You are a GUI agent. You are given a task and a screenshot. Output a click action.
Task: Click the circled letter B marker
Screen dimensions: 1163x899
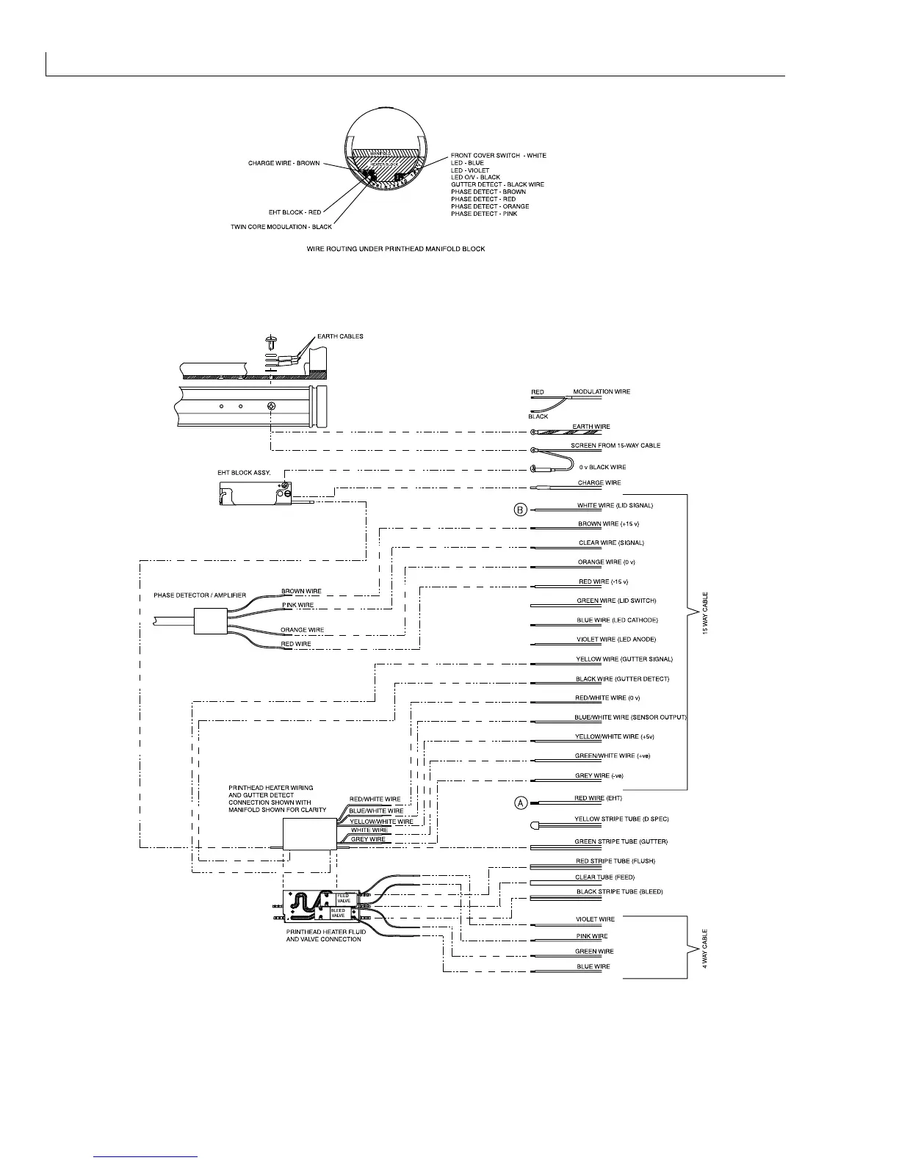point(520,509)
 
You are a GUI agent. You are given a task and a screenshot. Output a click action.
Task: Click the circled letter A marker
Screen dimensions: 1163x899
point(520,802)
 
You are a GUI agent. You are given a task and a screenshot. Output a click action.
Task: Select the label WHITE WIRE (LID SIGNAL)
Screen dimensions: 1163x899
point(615,506)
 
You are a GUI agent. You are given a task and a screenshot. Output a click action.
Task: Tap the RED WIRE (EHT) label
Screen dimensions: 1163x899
point(599,798)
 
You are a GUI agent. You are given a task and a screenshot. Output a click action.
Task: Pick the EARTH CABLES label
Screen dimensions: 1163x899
point(340,336)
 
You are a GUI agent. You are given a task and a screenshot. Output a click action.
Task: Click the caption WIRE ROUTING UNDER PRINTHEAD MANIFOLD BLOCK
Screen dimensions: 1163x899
point(395,249)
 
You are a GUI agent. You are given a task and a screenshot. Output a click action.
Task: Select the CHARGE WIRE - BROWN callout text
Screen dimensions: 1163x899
point(284,163)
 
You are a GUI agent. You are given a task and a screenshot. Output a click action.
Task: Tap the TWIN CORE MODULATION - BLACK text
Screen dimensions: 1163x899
point(281,227)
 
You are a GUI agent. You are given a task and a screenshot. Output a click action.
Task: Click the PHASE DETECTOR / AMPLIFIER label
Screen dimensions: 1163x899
point(200,595)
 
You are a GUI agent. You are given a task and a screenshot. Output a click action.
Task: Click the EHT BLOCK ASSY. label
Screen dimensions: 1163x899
point(244,474)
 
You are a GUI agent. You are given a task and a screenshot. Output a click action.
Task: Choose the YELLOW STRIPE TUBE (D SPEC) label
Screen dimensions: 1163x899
point(621,819)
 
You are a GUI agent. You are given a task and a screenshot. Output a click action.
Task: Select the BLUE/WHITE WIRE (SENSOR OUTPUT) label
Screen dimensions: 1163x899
point(630,717)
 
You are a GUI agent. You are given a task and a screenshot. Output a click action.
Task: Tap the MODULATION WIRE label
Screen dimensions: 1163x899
point(602,391)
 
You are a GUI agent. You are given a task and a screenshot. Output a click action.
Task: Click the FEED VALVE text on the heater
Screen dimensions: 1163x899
point(344,898)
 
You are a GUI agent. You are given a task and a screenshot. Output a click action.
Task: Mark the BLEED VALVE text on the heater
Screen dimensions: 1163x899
point(338,913)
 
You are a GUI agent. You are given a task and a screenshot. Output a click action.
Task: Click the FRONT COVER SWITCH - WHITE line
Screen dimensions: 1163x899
point(498,156)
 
